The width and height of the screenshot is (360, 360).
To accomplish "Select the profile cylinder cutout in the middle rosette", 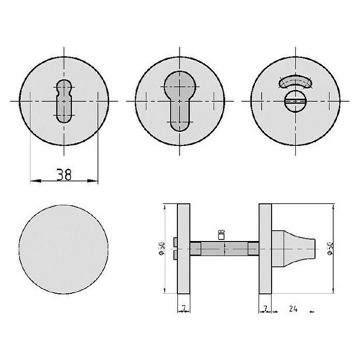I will pos(178,101).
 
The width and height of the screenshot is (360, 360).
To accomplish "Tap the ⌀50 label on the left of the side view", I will pos(161,249).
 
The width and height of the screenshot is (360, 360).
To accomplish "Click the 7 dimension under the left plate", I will pos(183,309).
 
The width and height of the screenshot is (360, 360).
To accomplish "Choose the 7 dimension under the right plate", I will pos(265,309).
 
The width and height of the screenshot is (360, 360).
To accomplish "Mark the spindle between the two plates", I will pos(224,249).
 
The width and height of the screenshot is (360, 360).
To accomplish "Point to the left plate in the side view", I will pos(183,248).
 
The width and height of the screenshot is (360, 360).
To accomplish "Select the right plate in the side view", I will pos(265,248).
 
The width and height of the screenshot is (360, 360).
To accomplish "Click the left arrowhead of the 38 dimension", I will pos(34,181).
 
